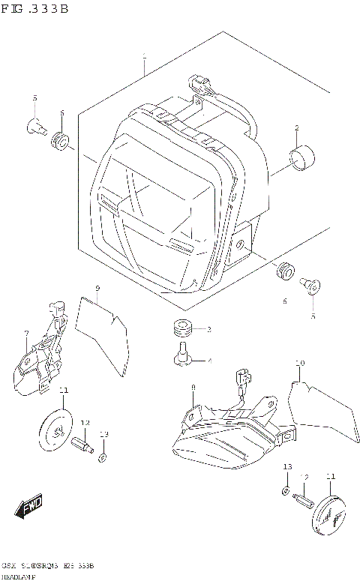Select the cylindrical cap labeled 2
tap(302, 160)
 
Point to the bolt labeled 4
tap(181, 355)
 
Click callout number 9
tap(97, 289)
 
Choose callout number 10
tap(300, 364)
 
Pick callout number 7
tap(26, 333)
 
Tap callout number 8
tap(193, 387)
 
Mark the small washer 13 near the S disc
tap(103, 457)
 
